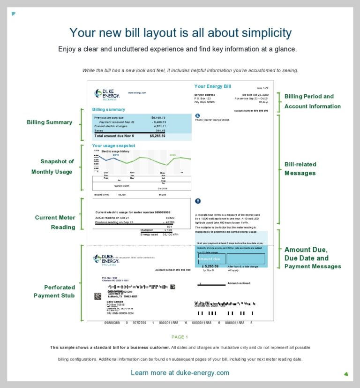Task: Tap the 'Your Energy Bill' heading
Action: pos(212,86)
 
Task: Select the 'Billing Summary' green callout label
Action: pos(49,122)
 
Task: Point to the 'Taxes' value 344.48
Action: pos(161,130)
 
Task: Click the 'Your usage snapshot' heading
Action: pos(113,145)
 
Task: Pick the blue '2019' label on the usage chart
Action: pos(115,154)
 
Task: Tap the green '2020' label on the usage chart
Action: pos(172,154)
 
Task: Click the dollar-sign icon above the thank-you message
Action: pos(197,115)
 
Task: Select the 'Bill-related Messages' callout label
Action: pos(300,168)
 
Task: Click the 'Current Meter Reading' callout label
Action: pos(55,222)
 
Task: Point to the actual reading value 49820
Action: pos(170,218)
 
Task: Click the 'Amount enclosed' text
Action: pos(239,283)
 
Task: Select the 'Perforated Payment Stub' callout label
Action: pos(54,291)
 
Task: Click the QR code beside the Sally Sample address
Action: pos(97,296)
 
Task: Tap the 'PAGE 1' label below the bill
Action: pos(180,337)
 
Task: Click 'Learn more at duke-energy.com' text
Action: pos(180,373)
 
